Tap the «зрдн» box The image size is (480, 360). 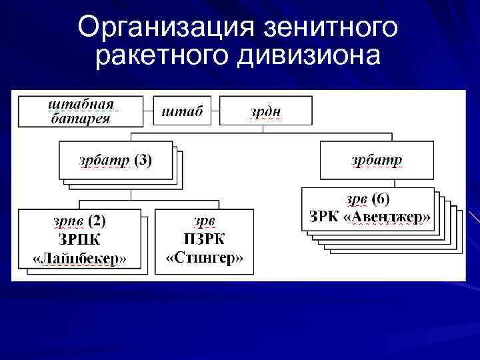coord(265,111)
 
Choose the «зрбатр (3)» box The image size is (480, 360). coord(115,160)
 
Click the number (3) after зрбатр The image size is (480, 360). coord(143,160)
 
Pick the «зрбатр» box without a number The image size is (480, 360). coord(377,160)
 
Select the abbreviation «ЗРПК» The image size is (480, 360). coord(79,238)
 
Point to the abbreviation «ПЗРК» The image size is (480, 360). coord(204,238)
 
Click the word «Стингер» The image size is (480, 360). coord(204,257)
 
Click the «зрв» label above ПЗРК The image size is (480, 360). coord(204,219)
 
